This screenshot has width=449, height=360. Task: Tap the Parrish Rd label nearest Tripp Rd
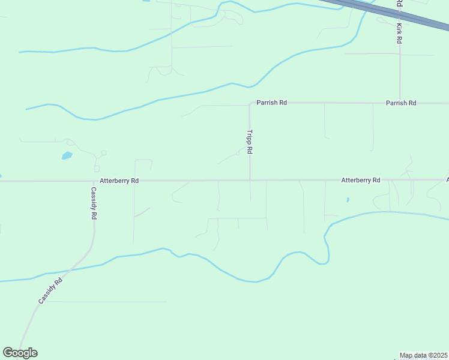(x=272, y=103)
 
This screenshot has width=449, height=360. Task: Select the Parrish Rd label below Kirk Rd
(x=401, y=103)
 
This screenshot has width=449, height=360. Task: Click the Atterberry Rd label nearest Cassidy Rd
(x=119, y=180)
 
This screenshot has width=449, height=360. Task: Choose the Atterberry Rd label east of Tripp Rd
(x=361, y=180)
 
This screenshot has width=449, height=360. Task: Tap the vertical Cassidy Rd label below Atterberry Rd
(x=94, y=203)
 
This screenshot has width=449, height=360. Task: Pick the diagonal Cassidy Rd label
(x=50, y=291)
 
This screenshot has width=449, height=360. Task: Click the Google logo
(x=20, y=353)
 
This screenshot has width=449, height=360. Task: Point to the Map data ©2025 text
(x=423, y=355)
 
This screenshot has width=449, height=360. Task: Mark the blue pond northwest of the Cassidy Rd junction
(x=67, y=156)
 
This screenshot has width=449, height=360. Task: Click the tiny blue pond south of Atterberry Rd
(x=348, y=200)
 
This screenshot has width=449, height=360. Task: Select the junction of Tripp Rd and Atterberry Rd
(x=250, y=180)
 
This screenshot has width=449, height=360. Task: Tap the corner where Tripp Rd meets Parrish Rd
(x=250, y=103)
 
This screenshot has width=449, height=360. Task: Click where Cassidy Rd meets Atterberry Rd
(x=94, y=181)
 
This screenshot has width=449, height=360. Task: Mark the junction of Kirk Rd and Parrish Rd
(x=400, y=103)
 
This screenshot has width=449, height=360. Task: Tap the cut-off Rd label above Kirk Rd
(x=399, y=4)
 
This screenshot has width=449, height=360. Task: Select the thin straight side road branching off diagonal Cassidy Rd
(x=108, y=301)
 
